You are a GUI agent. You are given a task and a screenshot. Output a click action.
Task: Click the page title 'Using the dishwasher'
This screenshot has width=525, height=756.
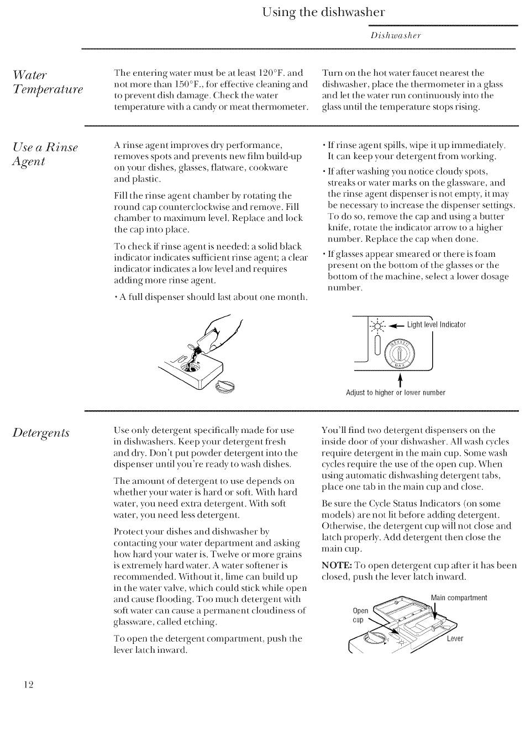(x=323, y=12)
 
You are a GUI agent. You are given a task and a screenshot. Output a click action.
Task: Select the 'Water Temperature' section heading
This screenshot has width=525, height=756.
(x=48, y=82)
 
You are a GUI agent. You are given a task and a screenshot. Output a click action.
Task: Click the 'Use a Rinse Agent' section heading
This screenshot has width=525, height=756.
(x=45, y=154)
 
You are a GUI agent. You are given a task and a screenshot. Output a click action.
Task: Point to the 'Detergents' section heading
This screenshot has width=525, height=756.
(x=41, y=432)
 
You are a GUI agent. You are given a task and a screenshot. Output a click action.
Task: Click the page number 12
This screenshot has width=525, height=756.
(x=29, y=685)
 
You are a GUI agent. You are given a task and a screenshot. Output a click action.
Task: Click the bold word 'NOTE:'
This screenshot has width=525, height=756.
(x=337, y=565)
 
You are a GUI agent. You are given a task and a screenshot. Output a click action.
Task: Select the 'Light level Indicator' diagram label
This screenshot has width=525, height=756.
(x=436, y=325)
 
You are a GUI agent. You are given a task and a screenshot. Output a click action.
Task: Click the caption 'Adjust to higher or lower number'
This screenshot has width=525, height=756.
(x=395, y=393)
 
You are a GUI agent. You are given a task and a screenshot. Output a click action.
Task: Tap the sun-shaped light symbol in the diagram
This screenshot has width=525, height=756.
(x=378, y=325)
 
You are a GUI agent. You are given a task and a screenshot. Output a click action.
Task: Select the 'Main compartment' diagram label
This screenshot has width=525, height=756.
(x=459, y=598)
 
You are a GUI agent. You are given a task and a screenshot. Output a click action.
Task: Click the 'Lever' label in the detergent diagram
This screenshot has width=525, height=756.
(x=455, y=639)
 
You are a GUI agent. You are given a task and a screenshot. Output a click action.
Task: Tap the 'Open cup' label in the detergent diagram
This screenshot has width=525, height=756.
(x=360, y=615)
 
